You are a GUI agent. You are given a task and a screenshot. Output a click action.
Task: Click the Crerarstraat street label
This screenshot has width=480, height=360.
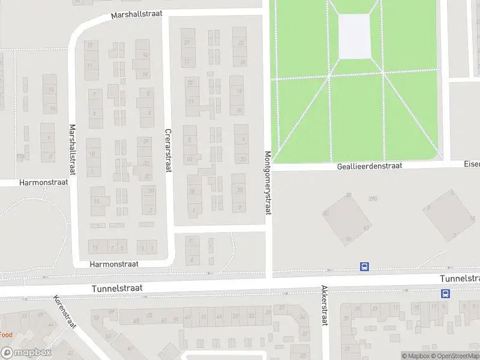[168, 151]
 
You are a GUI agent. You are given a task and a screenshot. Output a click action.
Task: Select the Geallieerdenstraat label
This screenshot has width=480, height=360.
[369, 166]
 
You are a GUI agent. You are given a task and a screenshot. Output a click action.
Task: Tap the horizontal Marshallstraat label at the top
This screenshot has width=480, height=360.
[137, 15]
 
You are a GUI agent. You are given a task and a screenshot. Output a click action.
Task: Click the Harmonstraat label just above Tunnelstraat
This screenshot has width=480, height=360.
[114, 263]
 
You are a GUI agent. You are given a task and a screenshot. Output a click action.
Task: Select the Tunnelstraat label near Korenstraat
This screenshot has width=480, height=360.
[117, 289]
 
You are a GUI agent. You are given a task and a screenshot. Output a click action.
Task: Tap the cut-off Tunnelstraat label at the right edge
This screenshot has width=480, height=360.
[460, 279]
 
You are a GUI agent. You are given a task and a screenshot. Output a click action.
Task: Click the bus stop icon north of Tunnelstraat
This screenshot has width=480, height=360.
[364, 266]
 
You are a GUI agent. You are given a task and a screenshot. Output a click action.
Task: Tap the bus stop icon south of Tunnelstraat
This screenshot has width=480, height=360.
[445, 293]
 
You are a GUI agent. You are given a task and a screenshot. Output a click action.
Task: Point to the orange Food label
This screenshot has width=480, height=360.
[6, 335]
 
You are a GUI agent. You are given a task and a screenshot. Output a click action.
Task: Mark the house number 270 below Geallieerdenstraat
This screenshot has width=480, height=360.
[373, 199]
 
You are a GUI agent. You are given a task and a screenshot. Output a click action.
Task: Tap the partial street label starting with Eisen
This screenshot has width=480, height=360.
[472, 163]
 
